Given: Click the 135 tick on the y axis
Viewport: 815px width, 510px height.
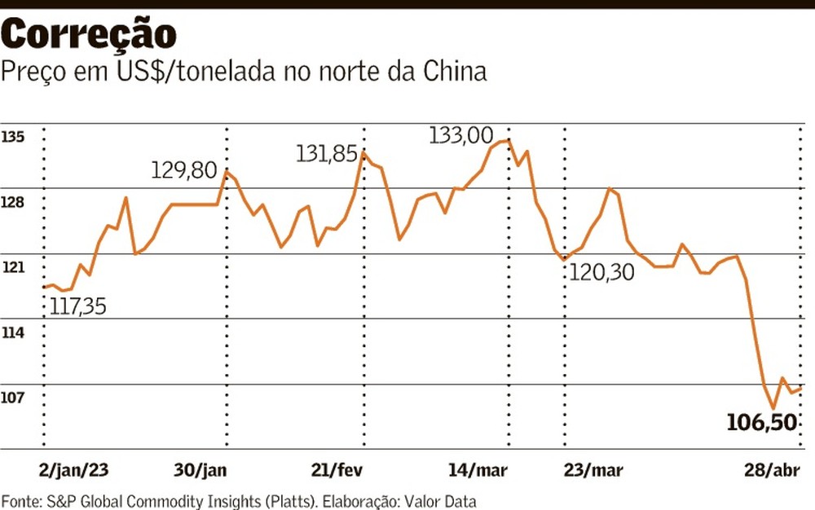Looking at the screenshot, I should tap(13, 137).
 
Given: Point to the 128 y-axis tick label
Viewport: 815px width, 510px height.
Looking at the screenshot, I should tap(13, 202).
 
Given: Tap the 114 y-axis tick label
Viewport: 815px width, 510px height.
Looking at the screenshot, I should tap(13, 332).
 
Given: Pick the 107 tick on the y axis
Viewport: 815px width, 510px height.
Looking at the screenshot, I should tap(13, 398).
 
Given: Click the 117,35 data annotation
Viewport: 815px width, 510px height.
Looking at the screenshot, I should tap(78, 307).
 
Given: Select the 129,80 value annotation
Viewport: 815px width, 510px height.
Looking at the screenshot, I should tap(185, 170).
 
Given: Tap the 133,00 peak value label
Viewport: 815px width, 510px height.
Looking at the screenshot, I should tap(461, 135).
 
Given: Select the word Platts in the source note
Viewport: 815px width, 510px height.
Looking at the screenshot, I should tap(293, 500).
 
